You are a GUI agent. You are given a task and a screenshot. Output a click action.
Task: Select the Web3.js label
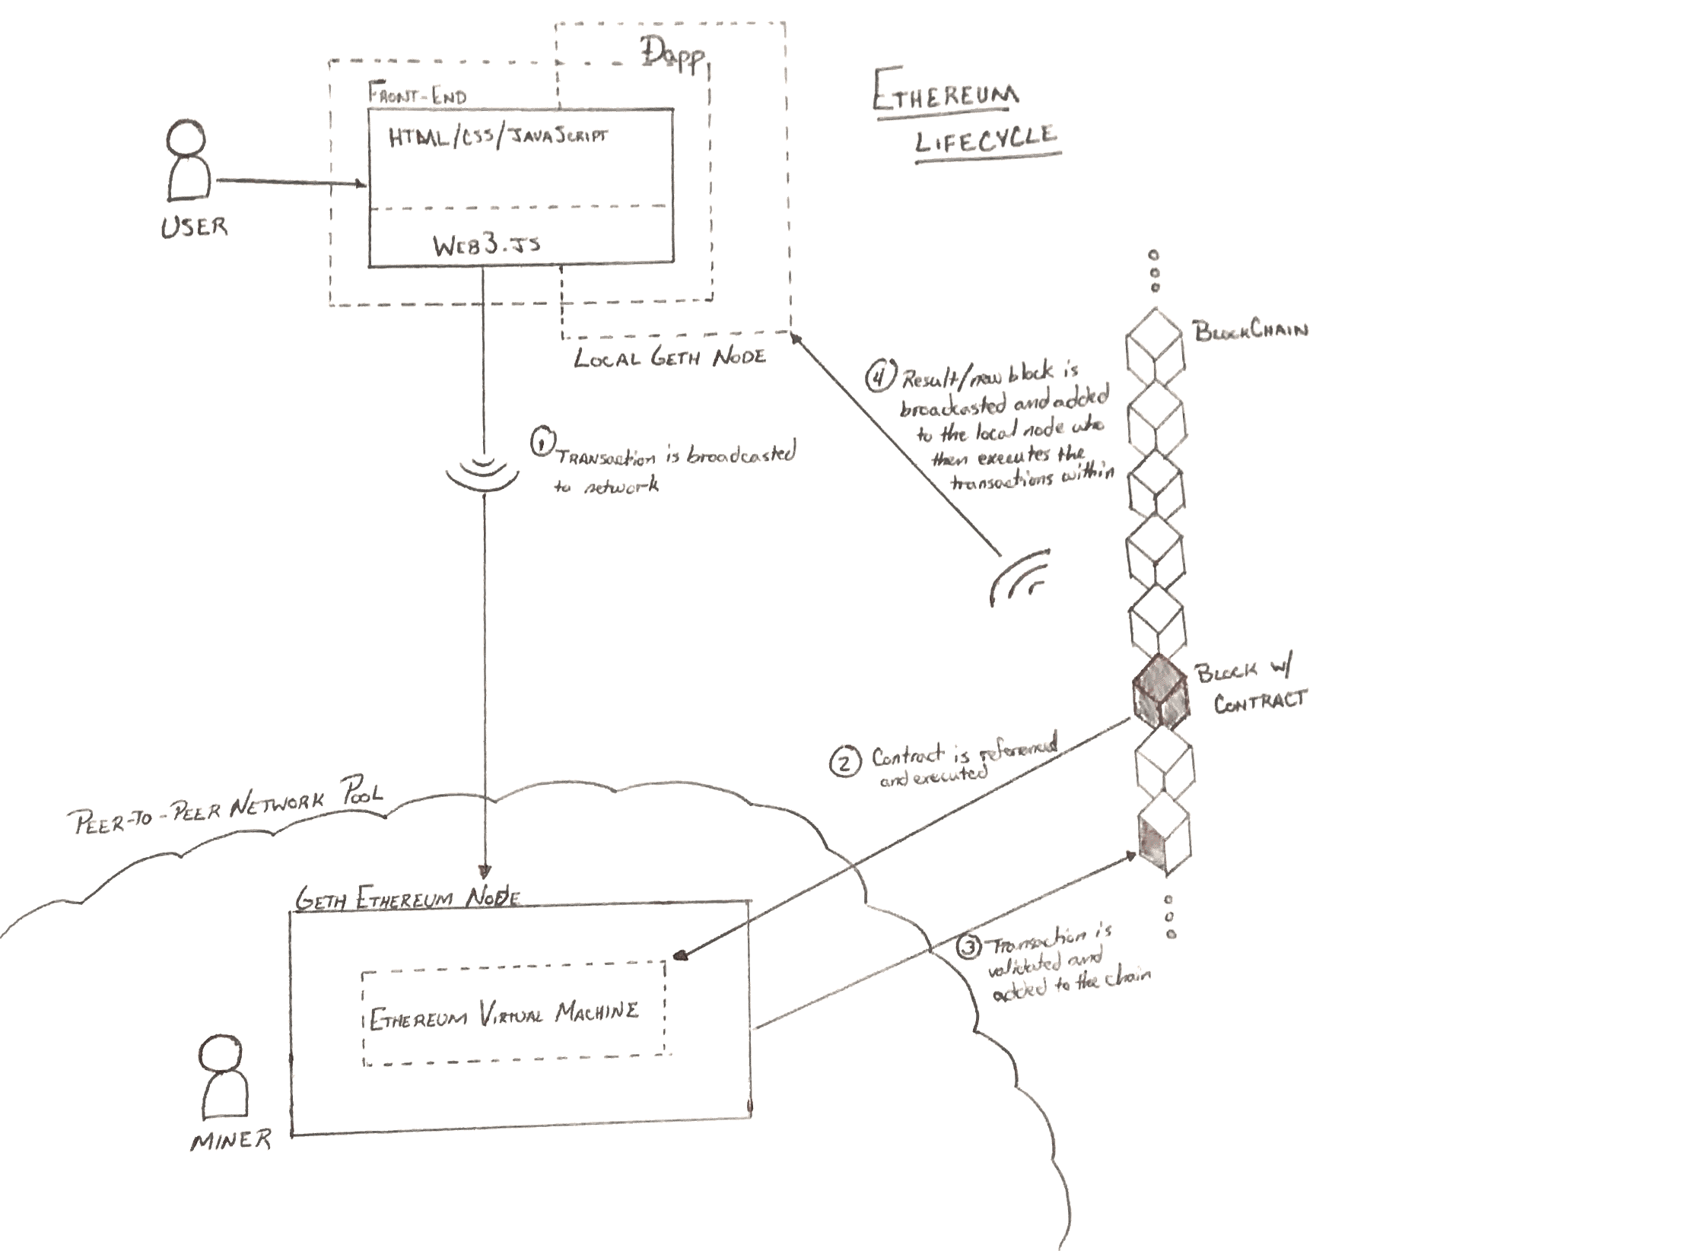point(487,245)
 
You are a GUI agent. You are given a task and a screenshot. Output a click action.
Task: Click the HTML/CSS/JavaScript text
point(497,138)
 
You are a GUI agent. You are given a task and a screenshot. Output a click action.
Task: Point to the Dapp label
point(672,56)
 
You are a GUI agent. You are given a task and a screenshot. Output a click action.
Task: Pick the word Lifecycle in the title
point(987,140)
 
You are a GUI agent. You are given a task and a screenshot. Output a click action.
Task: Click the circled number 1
point(542,443)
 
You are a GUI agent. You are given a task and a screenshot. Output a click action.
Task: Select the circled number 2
point(845,761)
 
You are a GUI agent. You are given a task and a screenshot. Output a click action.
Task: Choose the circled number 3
point(968,948)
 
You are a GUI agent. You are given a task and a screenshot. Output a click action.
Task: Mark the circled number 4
point(879,376)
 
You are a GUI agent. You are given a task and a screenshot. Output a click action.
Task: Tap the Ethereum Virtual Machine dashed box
point(514,1013)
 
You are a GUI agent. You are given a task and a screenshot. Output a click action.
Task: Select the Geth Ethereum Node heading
point(407,899)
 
